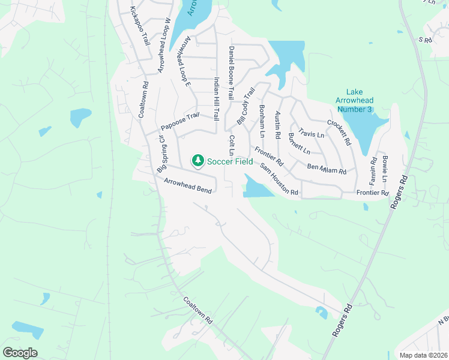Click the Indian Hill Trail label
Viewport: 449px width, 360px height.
point(217,99)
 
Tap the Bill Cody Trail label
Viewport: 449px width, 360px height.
point(246,106)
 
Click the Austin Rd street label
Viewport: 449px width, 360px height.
point(277,125)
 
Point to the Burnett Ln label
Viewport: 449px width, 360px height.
point(299,143)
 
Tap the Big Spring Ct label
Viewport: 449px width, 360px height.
point(161,155)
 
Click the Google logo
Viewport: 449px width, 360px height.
point(20,353)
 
